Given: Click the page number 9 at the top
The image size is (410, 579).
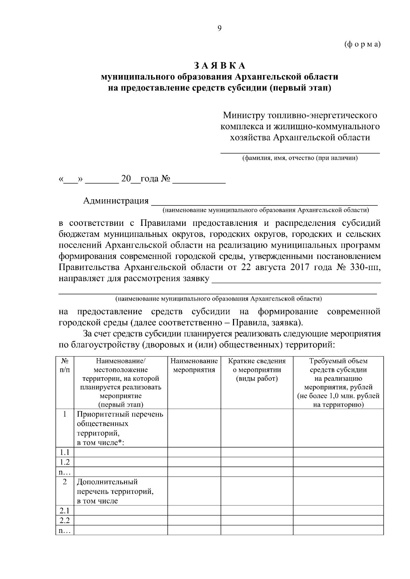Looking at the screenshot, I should point(219,28).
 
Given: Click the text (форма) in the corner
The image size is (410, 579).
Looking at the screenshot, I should point(363,45).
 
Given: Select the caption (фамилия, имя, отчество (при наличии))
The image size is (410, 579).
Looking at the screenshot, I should point(300,158).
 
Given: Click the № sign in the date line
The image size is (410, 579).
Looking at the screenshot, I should point(165,179).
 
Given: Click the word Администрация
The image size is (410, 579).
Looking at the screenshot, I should point(116,201).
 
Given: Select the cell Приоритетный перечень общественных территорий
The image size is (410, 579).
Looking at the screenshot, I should point(120,428).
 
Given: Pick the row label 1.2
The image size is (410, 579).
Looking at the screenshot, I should point(65,462).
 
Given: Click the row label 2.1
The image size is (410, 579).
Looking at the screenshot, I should point(65,511).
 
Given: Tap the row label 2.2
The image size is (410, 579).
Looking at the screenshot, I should point(65,521).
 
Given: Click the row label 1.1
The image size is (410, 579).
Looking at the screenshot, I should point(65,452).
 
